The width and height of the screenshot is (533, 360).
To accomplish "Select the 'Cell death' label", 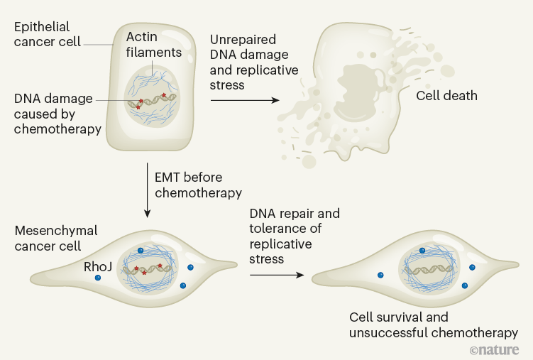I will coord(446,95).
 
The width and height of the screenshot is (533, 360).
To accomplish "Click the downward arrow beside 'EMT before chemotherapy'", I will coord(147,189).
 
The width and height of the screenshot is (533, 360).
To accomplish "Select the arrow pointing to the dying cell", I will coord(245,101).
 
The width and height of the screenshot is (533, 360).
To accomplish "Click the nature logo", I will coord(494,349).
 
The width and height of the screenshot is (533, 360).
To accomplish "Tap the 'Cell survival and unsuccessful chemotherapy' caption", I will coord(433,324).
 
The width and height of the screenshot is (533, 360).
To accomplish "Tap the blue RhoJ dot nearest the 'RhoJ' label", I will coord(97,278).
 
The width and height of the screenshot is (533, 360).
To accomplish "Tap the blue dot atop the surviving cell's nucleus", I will coord(422,251).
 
